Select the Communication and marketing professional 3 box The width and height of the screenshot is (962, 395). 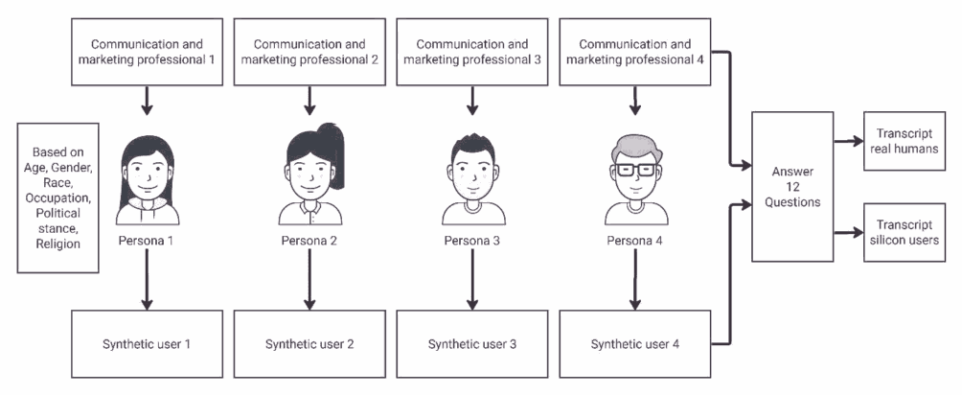471,51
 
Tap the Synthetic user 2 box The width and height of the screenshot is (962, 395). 308,342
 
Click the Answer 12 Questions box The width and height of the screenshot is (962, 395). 792,187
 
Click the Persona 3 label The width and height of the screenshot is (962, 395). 471,239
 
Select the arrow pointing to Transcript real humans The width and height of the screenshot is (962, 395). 847,142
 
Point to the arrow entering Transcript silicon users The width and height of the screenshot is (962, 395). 847,230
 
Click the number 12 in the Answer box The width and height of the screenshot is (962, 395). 792,187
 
